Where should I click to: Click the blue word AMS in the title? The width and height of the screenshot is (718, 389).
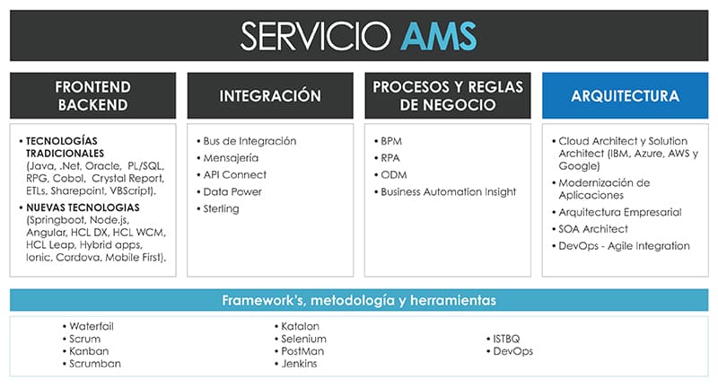point(439,36)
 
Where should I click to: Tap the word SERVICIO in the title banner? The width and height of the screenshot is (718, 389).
point(316,36)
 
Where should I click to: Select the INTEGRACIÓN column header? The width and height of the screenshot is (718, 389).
point(270,96)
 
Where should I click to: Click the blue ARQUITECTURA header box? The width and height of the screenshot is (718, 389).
point(625,96)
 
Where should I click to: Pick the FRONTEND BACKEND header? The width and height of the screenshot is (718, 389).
point(93,96)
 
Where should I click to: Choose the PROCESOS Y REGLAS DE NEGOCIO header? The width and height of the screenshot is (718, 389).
point(448,96)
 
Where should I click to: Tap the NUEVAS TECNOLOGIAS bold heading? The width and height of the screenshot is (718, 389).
point(83,208)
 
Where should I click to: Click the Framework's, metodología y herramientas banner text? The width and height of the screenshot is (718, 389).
point(359,301)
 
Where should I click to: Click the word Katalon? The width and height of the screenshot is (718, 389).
point(300,326)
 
